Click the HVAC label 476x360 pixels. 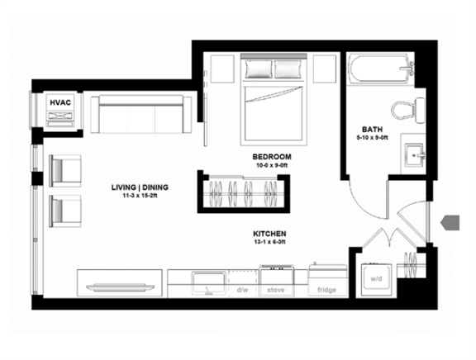(60, 102)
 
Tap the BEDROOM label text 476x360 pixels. (272, 157)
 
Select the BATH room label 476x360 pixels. (372, 130)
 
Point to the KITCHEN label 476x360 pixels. (269, 234)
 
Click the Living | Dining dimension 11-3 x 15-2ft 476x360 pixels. (140, 196)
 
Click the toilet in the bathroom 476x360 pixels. (408, 110)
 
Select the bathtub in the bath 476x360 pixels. (380, 69)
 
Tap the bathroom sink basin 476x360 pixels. (414, 156)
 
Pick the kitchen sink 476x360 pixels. (209, 282)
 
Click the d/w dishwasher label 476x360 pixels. (243, 290)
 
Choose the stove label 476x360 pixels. (276, 290)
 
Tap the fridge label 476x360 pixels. (326, 290)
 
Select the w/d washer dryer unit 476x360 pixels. (376, 280)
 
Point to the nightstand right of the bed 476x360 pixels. (325, 69)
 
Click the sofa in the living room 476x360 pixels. (140, 114)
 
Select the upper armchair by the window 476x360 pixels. (65, 171)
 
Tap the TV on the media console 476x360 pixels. (120, 287)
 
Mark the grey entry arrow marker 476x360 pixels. (450, 223)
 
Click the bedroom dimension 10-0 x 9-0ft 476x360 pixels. (272, 166)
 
